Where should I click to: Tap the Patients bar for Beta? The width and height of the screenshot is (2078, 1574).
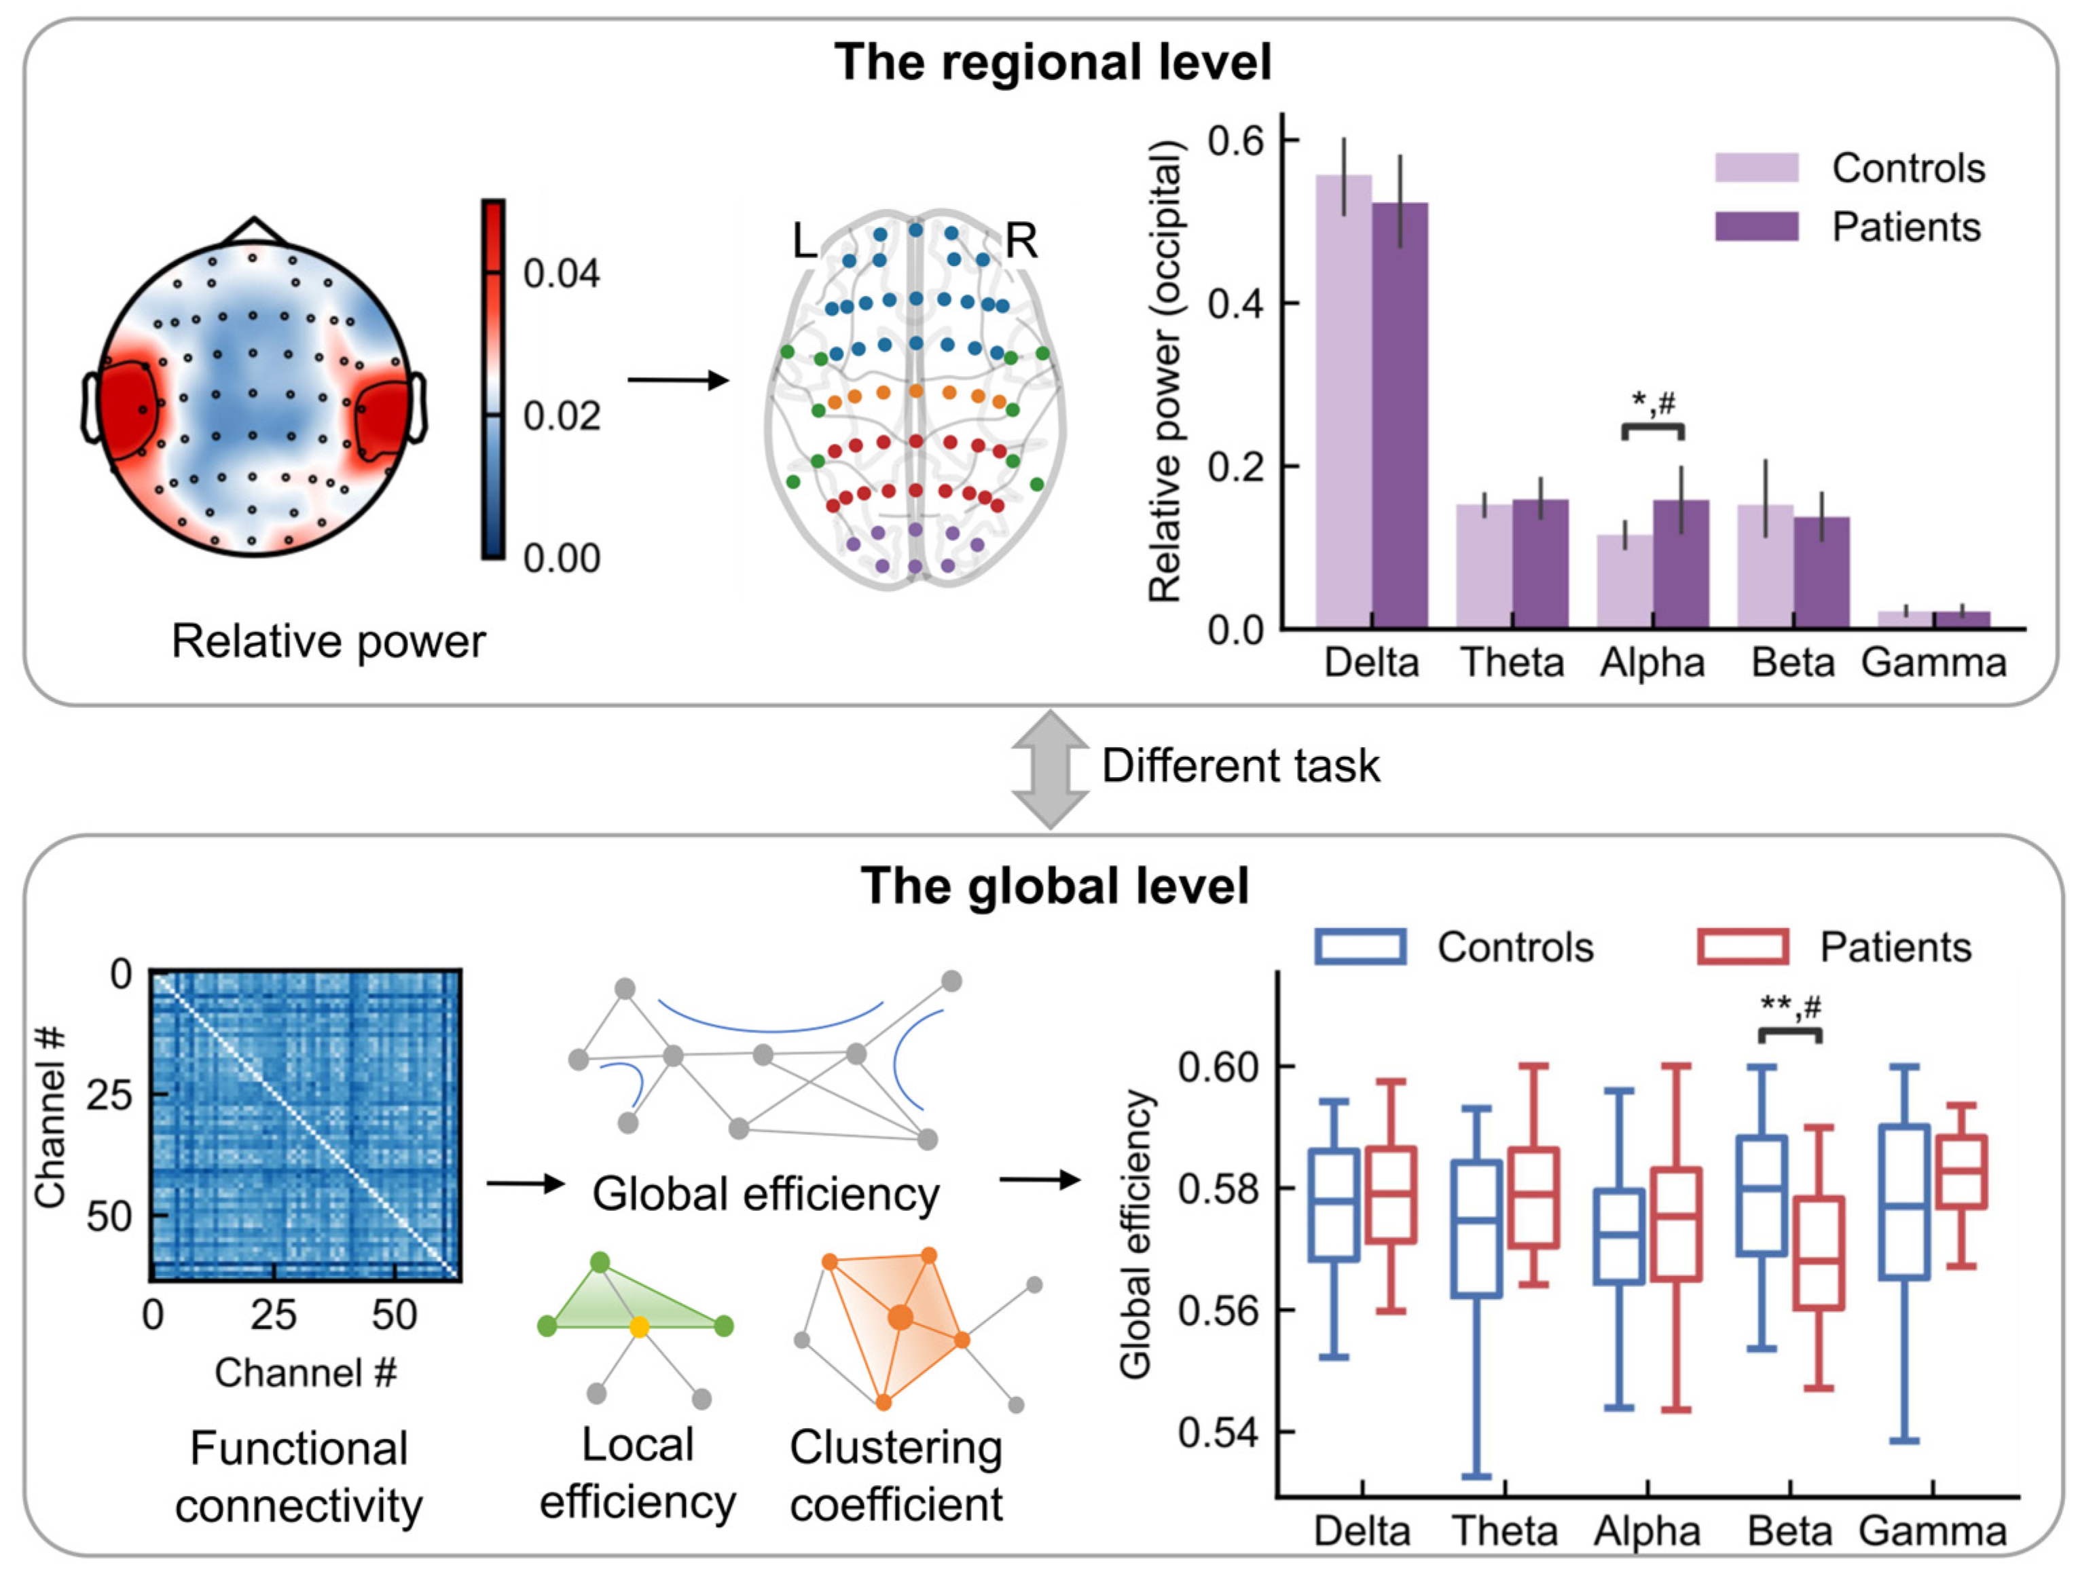[x=1821, y=572]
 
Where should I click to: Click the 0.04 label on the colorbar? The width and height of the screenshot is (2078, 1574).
[x=561, y=274]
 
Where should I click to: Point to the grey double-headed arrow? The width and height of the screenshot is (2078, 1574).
[x=1049, y=769]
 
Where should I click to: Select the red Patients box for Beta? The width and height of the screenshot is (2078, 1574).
[x=1819, y=1253]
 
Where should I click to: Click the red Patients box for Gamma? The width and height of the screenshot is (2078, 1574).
[x=1961, y=1172]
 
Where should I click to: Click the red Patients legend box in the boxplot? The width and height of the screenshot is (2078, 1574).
[x=1742, y=947]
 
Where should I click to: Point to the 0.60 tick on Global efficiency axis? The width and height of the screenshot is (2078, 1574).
[x=1218, y=1068]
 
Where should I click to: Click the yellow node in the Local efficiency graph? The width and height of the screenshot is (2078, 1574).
[x=639, y=1327]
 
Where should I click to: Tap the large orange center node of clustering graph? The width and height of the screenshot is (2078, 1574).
[x=900, y=1317]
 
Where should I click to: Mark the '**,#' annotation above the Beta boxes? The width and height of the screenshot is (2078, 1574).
[x=1789, y=1008]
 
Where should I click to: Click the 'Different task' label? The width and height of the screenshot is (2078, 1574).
[x=1240, y=766]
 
